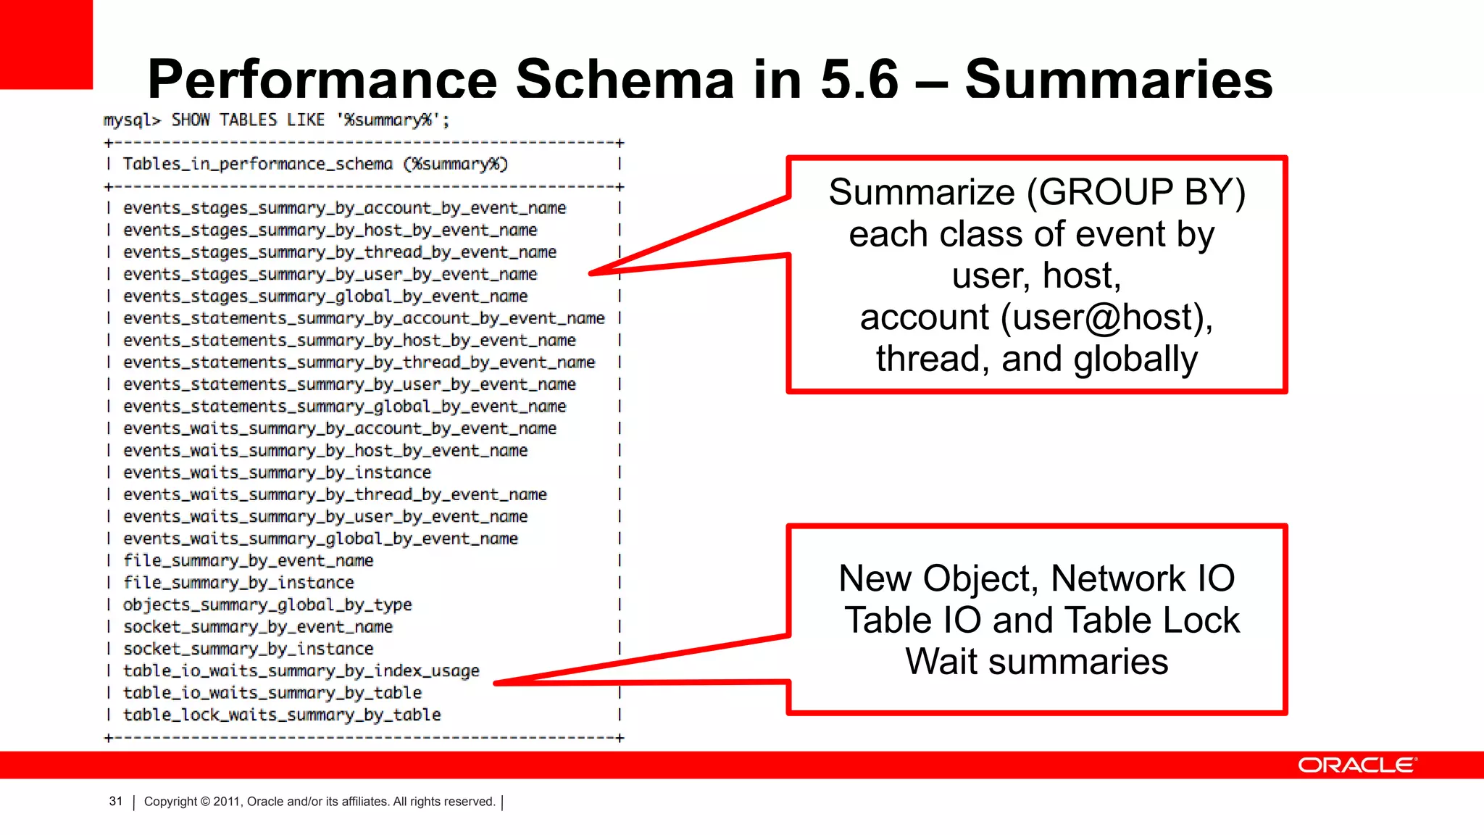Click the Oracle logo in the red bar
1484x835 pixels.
(1356, 765)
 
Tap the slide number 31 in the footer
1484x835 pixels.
(116, 801)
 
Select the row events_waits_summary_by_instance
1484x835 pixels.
(277, 473)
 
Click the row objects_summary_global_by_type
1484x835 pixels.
(267, 605)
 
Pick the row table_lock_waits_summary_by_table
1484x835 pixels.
(282, 715)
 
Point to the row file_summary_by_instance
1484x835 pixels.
(238, 583)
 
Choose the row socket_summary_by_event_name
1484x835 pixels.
(258, 626)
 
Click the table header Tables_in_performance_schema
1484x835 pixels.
(257, 164)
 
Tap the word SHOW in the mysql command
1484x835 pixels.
(191, 120)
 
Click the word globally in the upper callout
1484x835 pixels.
(1135, 360)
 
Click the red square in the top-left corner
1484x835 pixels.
(46, 43)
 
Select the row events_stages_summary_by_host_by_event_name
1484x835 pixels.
(330, 230)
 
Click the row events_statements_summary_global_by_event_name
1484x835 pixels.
(345, 407)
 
